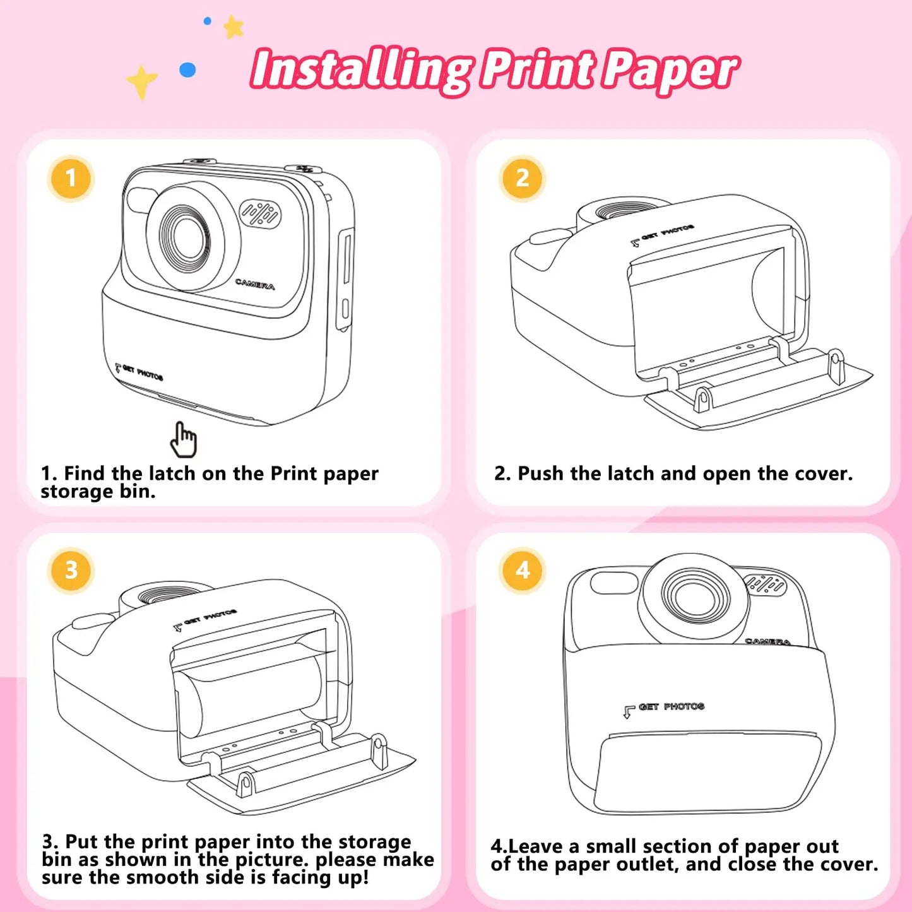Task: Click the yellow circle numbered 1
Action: coord(71,178)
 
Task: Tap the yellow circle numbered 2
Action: coord(522,178)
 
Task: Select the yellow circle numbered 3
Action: coord(71,570)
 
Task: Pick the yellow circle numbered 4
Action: coord(522,570)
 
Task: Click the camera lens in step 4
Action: coord(694,597)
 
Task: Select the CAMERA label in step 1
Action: coord(255,284)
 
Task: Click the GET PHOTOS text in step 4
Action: coord(670,707)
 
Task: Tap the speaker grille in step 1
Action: coord(260,215)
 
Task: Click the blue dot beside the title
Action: coord(187,69)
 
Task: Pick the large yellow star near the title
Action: coord(141,81)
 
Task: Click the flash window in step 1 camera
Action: coord(141,200)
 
